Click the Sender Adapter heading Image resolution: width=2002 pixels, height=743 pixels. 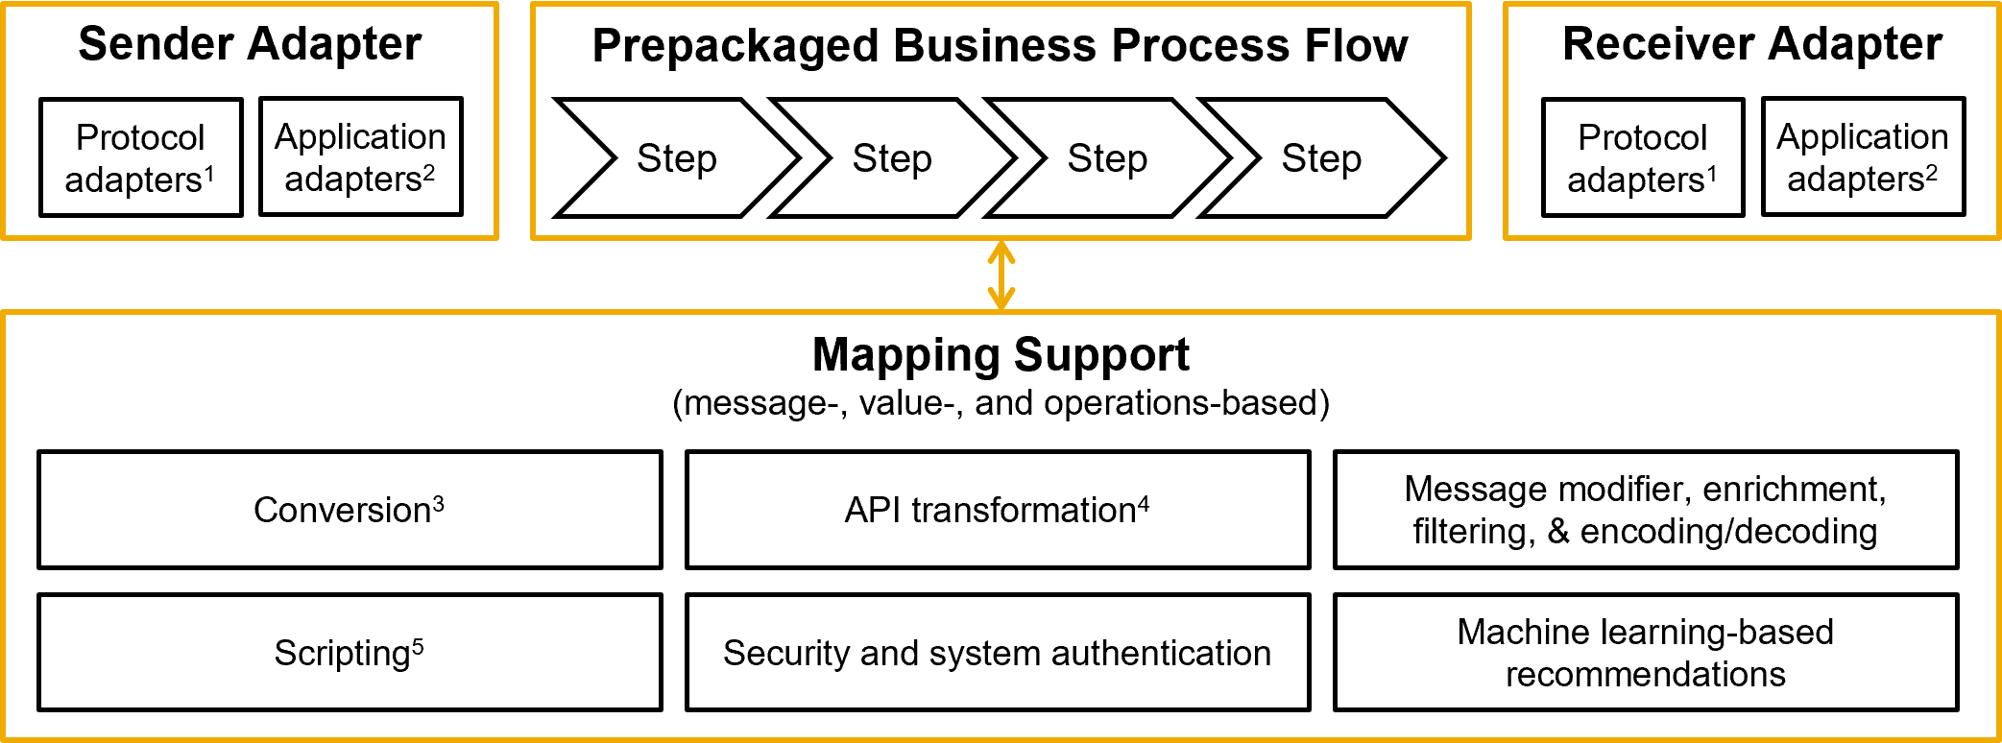click(x=250, y=44)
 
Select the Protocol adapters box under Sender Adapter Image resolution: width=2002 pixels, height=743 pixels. click(x=140, y=157)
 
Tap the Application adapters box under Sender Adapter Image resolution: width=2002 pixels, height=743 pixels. click(x=360, y=157)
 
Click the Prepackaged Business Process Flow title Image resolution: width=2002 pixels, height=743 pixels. click(x=1000, y=46)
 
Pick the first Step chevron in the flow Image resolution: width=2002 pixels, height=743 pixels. click(x=676, y=158)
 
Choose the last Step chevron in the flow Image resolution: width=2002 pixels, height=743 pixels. click(x=1321, y=158)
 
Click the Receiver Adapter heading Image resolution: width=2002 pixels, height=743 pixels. click(x=1751, y=44)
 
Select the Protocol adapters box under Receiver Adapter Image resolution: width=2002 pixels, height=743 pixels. click(x=1642, y=157)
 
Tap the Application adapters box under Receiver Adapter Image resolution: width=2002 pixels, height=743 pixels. click(x=1863, y=157)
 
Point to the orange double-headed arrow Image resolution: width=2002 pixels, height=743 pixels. click(x=1001, y=275)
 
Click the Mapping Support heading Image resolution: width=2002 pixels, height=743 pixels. click(x=1001, y=355)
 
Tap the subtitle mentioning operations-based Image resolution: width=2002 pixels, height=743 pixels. click(x=1001, y=403)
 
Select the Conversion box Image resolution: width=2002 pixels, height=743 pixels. click(x=350, y=510)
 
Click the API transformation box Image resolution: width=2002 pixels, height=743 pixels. click(x=998, y=510)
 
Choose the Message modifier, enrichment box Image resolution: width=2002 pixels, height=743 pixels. click(x=1645, y=510)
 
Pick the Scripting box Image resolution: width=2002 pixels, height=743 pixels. click(x=350, y=653)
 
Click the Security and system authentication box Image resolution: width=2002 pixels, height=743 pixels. click(x=998, y=653)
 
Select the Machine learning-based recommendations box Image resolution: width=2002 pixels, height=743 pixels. click(x=1645, y=653)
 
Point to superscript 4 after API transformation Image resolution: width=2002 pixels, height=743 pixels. click(x=1144, y=503)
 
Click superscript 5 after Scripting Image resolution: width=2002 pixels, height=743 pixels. click(x=418, y=646)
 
